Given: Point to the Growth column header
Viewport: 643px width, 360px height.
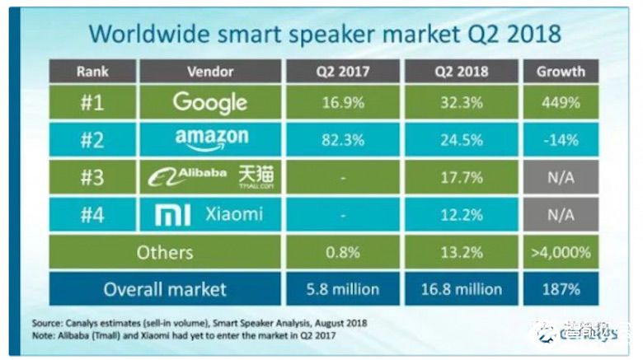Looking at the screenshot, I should pos(561,72).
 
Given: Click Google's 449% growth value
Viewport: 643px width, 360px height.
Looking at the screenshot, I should pos(561,103).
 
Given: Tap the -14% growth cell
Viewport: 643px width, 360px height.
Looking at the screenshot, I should pos(561,140).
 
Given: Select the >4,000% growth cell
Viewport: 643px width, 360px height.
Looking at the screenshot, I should pos(561,252).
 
